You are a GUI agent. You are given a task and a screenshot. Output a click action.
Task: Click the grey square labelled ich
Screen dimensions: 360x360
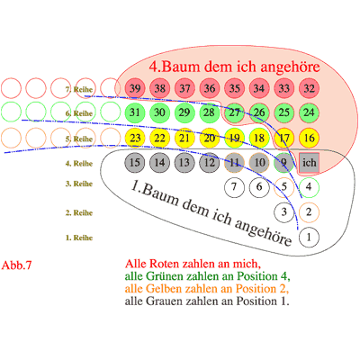tap(309, 163)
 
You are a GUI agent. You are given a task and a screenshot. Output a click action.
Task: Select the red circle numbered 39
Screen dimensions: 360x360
tap(135, 88)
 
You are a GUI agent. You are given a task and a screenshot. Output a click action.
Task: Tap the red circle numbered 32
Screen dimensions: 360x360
tap(309, 88)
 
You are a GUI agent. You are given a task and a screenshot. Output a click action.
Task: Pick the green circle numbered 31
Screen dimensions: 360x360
tap(135, 112)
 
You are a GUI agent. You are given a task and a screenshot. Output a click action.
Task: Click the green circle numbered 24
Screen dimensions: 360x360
tap(309, 112)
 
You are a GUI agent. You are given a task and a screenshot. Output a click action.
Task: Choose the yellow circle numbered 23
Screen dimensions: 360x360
tap(135, 138)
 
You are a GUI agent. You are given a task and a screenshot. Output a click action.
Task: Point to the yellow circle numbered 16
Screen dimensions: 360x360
tap(309, 138)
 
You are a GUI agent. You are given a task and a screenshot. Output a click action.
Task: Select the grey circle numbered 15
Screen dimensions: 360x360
tap(135, 163)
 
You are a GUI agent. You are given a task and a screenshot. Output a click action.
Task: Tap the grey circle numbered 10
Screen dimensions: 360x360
tap(259, 163)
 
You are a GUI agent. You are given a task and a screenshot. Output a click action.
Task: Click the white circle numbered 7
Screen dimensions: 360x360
tap(234, 187)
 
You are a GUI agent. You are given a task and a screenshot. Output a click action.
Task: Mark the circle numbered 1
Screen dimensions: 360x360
tap(309, 238)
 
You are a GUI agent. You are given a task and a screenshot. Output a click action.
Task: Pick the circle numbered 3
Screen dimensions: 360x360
tap(284, 212)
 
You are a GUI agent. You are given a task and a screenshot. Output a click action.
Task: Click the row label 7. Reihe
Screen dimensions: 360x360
tap(79, 89)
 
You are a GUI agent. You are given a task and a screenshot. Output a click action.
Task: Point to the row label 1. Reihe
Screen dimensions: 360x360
tap(79, 238)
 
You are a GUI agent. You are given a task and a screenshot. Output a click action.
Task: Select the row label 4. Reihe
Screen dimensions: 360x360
tap(79, 164)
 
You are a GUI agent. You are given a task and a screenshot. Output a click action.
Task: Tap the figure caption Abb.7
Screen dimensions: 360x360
tap(16, 265)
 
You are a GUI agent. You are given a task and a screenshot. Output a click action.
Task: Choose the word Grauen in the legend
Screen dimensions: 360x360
tap(161, 301)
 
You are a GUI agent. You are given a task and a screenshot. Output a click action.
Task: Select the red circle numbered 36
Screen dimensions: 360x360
tap(210, 88)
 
